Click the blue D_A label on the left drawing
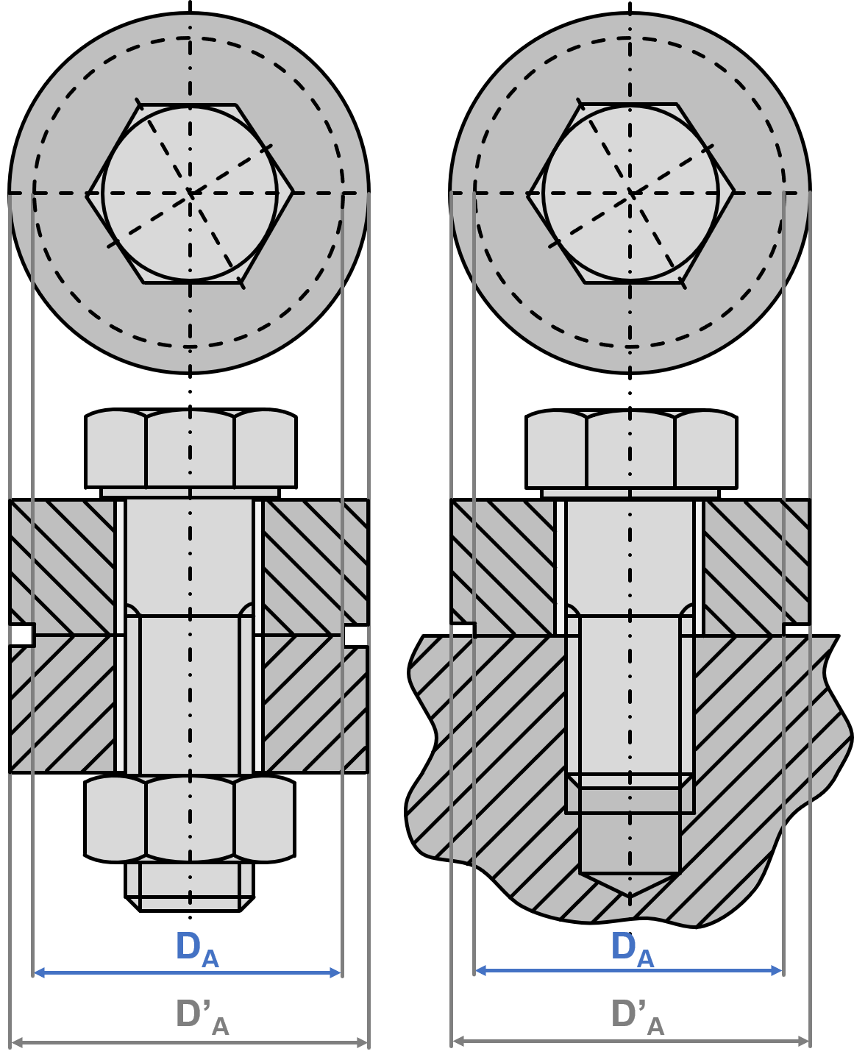tap(197, 949)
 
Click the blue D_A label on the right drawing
tap(632, 948)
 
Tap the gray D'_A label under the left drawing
tap(202, 1017)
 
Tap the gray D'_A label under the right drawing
tap(637, 1017)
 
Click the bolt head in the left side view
tap(191, 448)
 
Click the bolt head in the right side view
tap(631, 448)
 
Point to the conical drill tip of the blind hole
tap(629, 884)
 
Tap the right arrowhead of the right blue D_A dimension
tap(777, 971)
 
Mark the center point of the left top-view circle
tap(190, 193)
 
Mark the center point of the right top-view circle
tap(630, 193)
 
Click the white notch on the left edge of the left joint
tap(22, 636)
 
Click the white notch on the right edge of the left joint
tap(356, 636)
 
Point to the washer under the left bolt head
tap(190, 494)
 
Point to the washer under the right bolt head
tap(630, 494)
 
